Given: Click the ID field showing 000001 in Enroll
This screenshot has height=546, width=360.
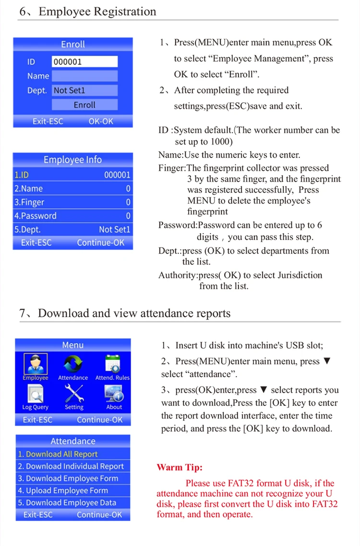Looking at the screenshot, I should (x=84, y=61).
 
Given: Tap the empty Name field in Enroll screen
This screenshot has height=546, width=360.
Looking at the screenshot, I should (x=84, y=76).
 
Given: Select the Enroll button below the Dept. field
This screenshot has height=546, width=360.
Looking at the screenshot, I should (x=84, y=105).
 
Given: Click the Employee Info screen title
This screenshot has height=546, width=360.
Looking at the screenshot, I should (x=72, y=160).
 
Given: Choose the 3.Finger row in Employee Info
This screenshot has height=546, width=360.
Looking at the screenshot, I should (x=72, y=202).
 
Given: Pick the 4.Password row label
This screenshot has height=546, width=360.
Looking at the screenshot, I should (x=35, y=216).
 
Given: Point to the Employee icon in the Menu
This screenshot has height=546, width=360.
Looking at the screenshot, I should (x=36, y=364).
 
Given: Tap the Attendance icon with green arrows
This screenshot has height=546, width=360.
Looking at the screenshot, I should (x=73, y=364).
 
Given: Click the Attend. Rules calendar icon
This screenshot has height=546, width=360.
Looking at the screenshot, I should (x=112, y=364).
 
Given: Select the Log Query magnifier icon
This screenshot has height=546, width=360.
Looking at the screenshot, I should (x=36, y=394).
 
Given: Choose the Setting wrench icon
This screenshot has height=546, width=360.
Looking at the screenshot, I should (x=74, y=394).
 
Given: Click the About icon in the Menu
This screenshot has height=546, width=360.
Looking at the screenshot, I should (x=114, y=394).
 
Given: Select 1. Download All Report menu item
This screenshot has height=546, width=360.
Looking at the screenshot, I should (x=58, y=454).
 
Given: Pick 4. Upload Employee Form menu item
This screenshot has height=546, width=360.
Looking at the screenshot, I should (x=63, y=490).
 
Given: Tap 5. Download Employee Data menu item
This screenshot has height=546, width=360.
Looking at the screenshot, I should (x=67, y=503).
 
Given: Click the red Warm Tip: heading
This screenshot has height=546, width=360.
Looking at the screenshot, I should (x=180, y=467).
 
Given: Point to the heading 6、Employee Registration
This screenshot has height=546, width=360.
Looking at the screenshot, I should (x=88, y=12).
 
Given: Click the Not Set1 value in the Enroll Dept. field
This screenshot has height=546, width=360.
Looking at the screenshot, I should (x=69, y=90).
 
